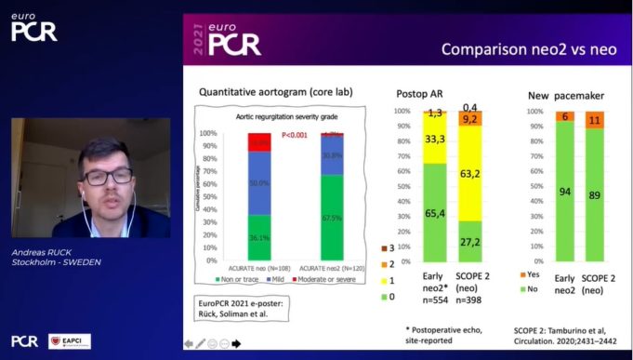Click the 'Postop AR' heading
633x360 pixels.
pyautogui.click(x=412, y=93)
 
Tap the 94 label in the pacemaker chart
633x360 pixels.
pyautogui.click(x=565, y=192)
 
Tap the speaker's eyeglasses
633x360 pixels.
pyautogui.click(x=106, y=175)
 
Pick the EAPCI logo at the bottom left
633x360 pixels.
pyautogui.click(x=69, y=341)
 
